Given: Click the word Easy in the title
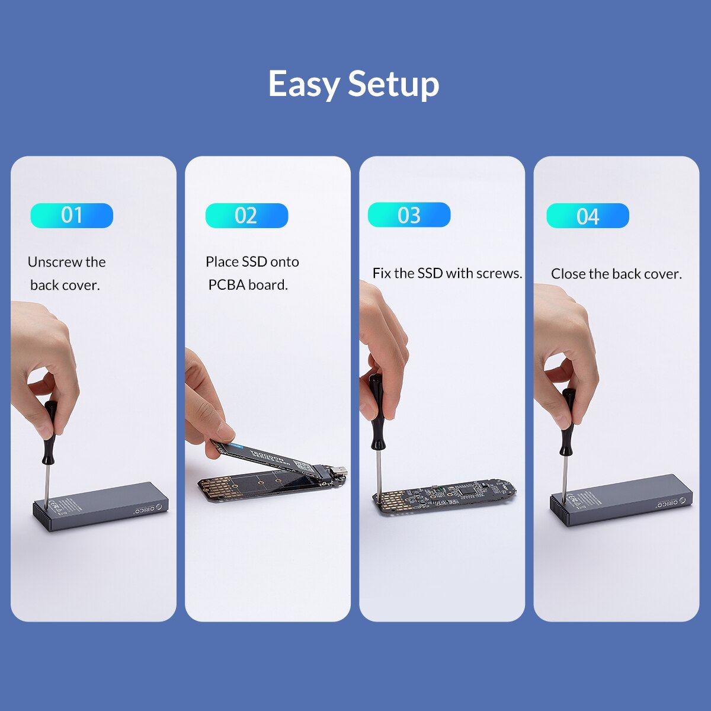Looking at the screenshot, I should click(304, 84).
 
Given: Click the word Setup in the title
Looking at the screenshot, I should click(393, 84).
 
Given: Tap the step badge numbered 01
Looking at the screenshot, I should click(72, 215).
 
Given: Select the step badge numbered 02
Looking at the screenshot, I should click(246, 215).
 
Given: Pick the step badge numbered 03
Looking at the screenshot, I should click(409, 214).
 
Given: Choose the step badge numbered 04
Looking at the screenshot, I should click(588, 216).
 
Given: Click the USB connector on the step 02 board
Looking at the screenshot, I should click(339, 472).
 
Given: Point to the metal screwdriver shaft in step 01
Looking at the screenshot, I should click(46, 483).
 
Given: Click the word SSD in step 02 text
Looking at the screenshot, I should click(254, 262).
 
